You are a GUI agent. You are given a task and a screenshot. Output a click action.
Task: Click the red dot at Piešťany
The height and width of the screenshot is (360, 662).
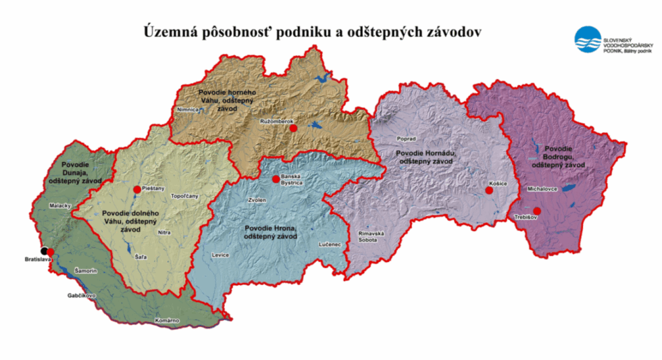pos(137,189)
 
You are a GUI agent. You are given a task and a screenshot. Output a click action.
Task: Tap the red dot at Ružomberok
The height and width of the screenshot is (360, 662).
pos(293,128)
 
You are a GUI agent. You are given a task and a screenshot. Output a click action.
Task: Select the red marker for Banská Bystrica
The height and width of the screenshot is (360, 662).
pos(275,179)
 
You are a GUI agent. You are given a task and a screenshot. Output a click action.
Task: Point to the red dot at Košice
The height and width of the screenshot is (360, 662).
pos(489,191)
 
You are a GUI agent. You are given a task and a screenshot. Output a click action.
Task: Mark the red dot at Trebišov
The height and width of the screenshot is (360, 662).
pos(537,211)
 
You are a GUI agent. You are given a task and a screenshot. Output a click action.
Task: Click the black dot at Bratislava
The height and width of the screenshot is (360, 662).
pos(45,251)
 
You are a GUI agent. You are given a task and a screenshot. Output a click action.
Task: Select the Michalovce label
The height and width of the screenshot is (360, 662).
pos(542,189)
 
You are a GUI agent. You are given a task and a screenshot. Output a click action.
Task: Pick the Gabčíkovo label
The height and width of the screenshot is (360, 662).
pos(81,295)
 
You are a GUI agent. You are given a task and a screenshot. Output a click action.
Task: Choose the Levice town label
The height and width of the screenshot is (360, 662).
pos(221,255)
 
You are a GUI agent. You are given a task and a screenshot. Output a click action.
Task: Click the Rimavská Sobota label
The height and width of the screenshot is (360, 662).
pos(371,236)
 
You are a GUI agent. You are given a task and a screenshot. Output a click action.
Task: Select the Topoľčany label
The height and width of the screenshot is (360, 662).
pos(185,196)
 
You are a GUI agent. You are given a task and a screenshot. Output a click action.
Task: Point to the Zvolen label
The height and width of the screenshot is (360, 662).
pos(258,201)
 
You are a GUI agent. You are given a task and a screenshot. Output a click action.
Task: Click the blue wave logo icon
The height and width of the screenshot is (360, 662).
pos(587,39)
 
